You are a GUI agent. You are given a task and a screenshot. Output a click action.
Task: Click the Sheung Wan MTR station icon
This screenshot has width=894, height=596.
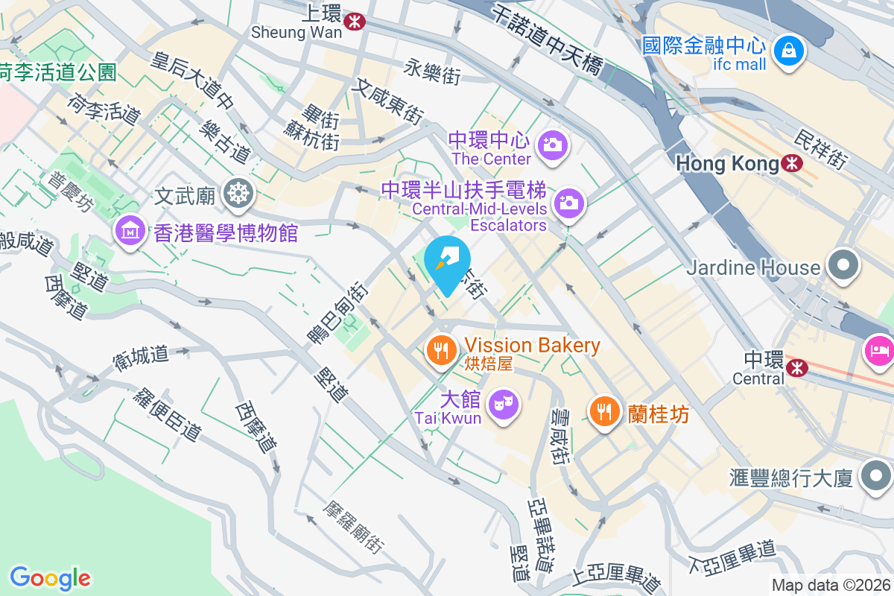tap(354, 23)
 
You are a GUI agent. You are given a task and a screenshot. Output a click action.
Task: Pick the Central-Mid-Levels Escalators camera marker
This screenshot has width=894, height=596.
tap(568, 202)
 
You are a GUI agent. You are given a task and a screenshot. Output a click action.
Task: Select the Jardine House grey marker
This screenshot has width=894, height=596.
tap(843, 266)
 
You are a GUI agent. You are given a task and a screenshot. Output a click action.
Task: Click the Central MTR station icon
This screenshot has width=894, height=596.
tap(797, 366)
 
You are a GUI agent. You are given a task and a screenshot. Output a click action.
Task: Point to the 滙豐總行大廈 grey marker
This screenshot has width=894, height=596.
tap(875, 475)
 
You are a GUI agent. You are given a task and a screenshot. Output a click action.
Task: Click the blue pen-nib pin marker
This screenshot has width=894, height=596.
tap(447, 262)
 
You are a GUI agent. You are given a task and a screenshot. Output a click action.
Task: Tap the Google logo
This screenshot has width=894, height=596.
tap(50, 577)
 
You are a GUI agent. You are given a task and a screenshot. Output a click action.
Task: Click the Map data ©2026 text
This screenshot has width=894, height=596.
tap(830, 586)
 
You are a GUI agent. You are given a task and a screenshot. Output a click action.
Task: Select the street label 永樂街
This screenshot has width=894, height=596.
tap(432, 72)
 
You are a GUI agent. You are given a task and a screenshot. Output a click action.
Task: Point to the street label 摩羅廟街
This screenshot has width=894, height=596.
tap(353, 526)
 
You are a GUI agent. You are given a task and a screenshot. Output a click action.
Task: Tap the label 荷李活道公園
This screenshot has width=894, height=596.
tap(58, 72)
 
